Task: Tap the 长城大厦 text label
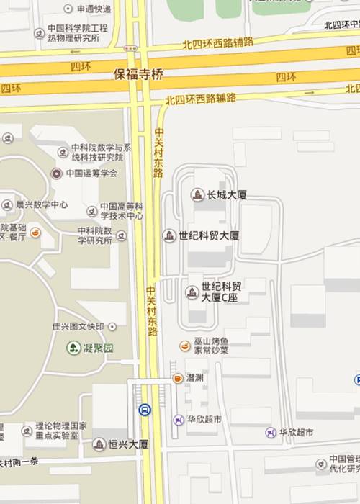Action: [x=227, y=194]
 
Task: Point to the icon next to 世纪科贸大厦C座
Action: [x=192, y=292]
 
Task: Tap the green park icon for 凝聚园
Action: [x=73, y=348]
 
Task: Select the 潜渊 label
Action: [x=194, y=378]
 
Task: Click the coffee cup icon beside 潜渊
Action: [x=177, y=378]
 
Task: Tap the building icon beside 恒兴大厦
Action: [x=99, y=444]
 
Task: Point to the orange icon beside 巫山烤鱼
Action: [x=185, y=346]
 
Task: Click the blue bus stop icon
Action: [x=145, y=410]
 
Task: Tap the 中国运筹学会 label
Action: [x=91, y=174]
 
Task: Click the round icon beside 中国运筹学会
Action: [x=57, y=174]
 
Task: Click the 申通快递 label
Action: [x=93, y=9]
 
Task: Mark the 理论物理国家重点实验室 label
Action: [x=61, y=430]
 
